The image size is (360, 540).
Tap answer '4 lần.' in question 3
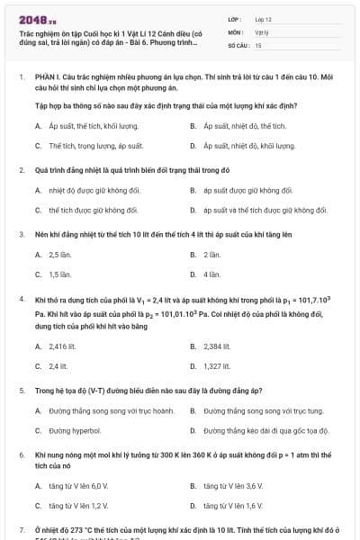click(x=211, y=274)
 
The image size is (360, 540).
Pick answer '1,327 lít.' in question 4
click(x=217, y=365)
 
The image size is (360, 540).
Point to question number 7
click(x=21, y=530)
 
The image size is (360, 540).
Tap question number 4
click(x=21, y=297)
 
